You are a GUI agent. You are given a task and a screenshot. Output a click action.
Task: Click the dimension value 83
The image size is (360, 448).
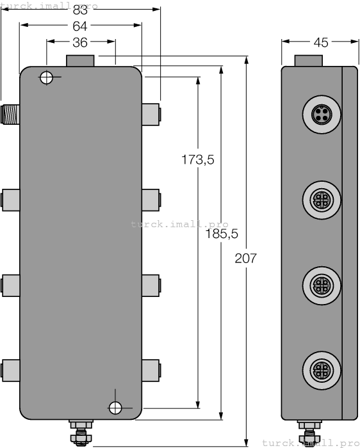[x=81, y=10]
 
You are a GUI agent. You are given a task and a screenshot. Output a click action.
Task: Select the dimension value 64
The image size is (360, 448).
[x=80, y=26]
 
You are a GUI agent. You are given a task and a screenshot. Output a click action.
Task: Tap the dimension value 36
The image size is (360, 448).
[x=80, y=42]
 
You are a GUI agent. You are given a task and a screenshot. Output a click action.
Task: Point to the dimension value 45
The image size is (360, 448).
[x=320, y=42]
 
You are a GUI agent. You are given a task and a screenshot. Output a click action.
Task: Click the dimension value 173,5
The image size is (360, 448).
[x=197, y=160]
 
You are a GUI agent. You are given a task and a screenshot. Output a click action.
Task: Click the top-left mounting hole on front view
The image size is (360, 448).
[x=46, y=78]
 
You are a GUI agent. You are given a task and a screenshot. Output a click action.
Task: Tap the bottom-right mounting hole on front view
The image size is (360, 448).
[x=115, y=408]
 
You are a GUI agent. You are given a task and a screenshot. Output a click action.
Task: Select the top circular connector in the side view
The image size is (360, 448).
[x=318, y=115]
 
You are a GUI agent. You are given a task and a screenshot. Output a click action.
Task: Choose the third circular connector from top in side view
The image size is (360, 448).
[x=318, y=282]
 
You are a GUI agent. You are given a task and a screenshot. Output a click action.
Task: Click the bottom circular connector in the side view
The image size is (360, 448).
[x=318, y=369]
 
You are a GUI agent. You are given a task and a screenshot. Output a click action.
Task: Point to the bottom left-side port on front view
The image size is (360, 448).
[x=11, y=369]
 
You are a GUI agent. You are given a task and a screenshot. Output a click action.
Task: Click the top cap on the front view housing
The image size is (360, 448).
[x=80, y=61]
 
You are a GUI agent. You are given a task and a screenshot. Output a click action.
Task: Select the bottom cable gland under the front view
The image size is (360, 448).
[x=80, y=432]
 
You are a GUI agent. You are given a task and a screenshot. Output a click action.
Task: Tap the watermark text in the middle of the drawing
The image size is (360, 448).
[x=179, y=224]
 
